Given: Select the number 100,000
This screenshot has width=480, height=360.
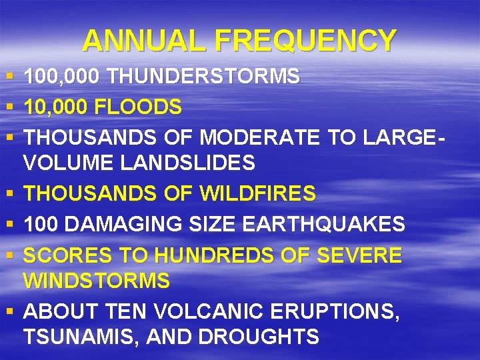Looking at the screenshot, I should [x=62, y=77].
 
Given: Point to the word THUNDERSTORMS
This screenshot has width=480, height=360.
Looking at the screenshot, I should [x=203, y=77].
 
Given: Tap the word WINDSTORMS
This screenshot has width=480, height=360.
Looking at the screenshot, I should [x=97, y=281].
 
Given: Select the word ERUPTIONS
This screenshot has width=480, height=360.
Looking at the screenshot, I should [x=333, y=311].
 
